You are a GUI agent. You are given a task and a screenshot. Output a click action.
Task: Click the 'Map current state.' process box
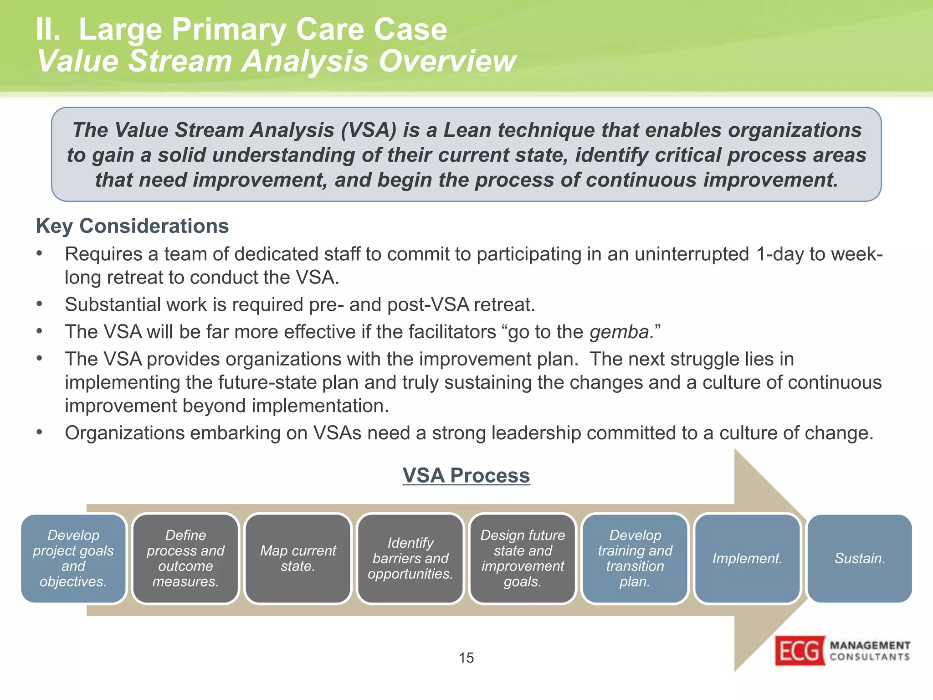click(298, 558)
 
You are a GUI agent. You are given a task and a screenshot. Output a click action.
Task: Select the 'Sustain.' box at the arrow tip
click(860, 558)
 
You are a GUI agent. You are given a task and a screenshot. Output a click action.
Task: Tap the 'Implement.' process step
click(747, 558)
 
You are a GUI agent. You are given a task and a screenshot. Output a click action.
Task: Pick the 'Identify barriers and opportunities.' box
click(410, 558)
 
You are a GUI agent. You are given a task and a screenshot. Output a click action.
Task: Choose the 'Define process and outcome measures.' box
click(185, 558)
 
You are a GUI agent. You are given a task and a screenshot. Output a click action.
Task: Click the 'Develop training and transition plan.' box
click(635, 558)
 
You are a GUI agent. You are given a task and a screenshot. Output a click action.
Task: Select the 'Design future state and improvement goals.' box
click(523, 558)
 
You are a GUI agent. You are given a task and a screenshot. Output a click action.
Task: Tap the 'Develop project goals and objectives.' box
click(73, 558)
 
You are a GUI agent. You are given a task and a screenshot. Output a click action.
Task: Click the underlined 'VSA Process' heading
click(466, 475)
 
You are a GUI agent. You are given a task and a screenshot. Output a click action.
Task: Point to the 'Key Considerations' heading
click(132, 226)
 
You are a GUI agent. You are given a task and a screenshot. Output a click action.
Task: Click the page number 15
click(466, 658)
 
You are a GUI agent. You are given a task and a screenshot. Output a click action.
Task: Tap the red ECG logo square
click(800, 650)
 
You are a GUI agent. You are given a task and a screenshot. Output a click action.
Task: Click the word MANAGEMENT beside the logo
click(870, 645)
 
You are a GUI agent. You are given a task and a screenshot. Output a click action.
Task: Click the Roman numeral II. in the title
click(48, 30)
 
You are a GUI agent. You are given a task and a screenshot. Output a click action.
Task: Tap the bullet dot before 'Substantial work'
click(40, 304)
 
